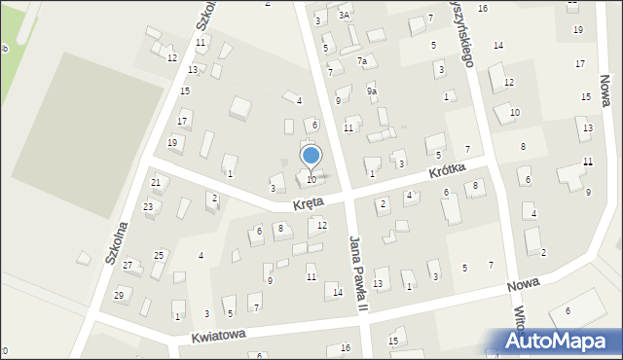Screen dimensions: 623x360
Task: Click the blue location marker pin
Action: [311, 156]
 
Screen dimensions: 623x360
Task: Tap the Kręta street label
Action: [310, 204]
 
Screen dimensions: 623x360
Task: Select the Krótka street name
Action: [449, 173]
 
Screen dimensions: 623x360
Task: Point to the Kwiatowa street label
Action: [217, 336]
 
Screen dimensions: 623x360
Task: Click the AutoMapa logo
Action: [555, 342]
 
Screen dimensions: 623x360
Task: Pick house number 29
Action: [119, 295]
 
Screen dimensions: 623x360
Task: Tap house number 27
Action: [128, 266]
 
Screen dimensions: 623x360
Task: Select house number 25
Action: [159, 255]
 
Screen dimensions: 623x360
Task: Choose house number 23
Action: [148, 207]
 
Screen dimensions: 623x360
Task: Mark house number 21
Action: [156, 183]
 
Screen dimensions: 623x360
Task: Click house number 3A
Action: [344, 16]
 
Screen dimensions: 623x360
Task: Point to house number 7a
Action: [364, 61]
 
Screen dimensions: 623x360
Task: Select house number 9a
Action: [371, 91]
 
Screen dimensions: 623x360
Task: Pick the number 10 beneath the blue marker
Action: [311, 179]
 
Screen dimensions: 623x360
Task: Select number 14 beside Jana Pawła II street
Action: [338, 292]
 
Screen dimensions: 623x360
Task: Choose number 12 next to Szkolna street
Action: [172, 58]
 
